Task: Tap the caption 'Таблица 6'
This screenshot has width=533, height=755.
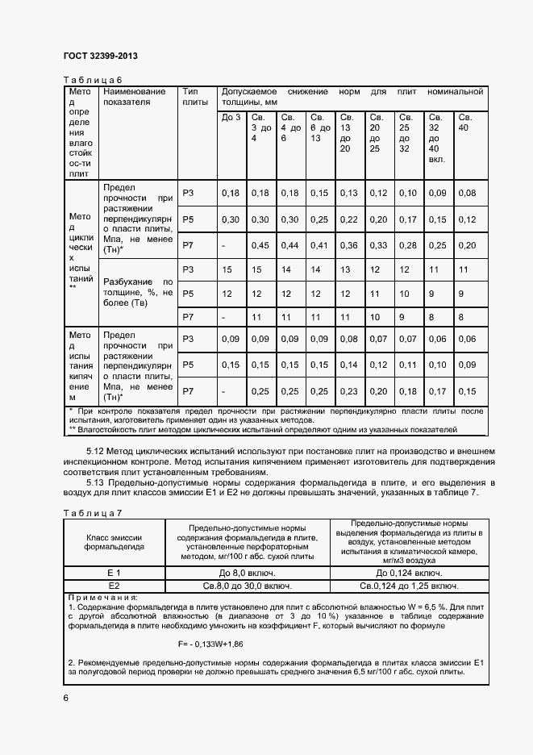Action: pyautogui.click(x=92, y=79)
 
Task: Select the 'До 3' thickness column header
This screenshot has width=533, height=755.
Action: pyautogui.click(x=231, y=118)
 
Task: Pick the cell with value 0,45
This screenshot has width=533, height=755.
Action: pyautogui.click(x=260, y=245)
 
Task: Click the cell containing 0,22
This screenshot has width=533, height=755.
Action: pyautogui.click(x=348, y=219)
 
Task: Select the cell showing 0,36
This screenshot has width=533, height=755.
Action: pyautogui.click(x=348, y=245)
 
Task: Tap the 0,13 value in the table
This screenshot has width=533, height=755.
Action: pyautogui.click(x=348, y=193)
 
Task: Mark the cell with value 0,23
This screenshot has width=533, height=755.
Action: pyautogui.click(x=348, y=391)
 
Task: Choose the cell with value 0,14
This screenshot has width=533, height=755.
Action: pyautogui.click(x=348, y=365)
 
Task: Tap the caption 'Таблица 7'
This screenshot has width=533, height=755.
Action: pyautogui.click(x=92, y=513)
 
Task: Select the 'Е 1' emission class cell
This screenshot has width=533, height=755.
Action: pyautogui.click(x=114, y=572)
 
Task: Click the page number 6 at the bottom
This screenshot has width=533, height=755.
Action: pyautogui.click(x=66, y=698)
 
